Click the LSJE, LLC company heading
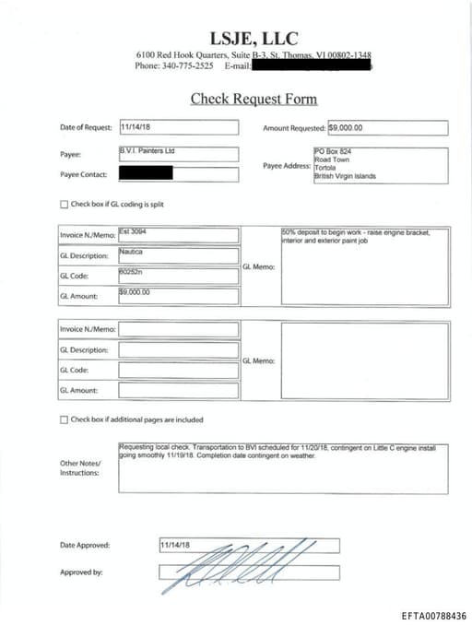click(x=254, y=38)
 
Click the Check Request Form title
click(x=254, y=99)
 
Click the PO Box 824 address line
click(x=334, y=151)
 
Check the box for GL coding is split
click(x=64, y=204)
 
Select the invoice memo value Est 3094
click(x=134, y=233)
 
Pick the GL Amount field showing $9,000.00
click(x=135, y=293)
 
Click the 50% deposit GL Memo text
click(x=355, y=237)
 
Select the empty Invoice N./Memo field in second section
click(x=178, y=329)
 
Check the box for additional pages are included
click(x=64, y=419)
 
